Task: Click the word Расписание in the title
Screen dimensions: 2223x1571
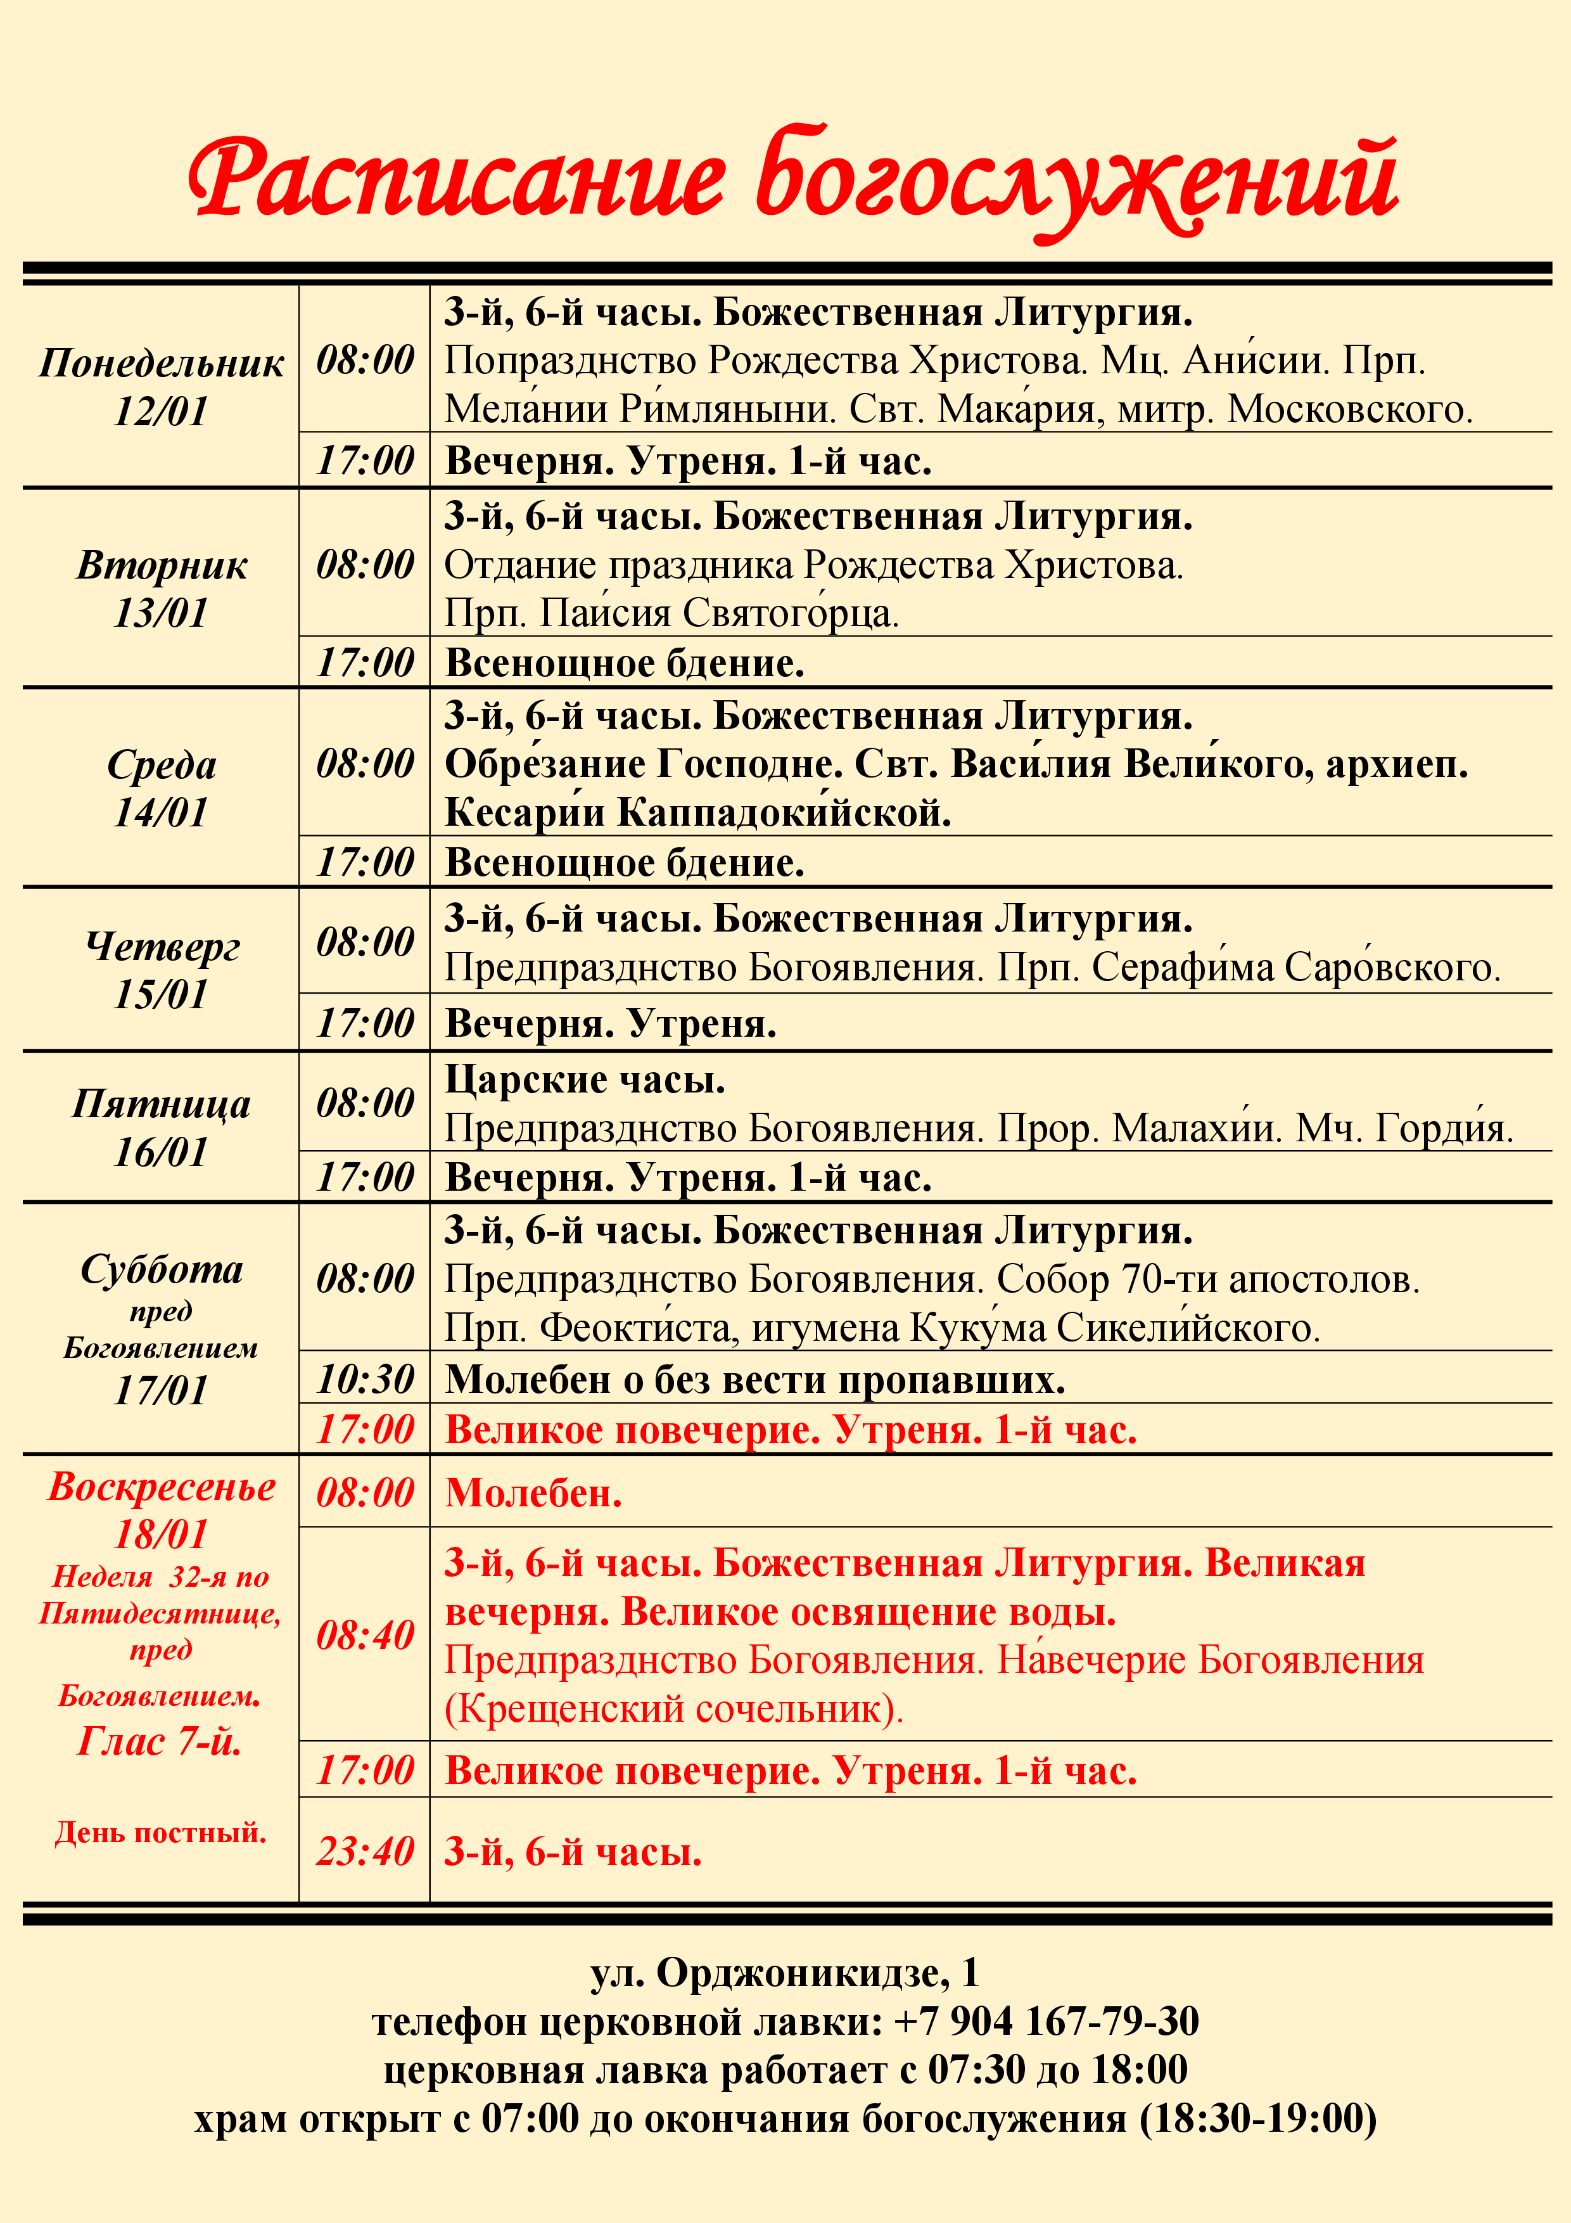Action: coord(455,180)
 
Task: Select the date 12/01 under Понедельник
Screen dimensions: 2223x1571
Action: coord(161,411)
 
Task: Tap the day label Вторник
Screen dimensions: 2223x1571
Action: coord(162,565)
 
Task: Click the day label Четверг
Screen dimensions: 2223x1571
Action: coord(162,946)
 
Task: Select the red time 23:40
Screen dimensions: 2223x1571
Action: coord(365,1850)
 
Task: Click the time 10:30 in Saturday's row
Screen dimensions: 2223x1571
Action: coord(365,1379)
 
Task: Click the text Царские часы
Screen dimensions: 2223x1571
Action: coord(585,1079)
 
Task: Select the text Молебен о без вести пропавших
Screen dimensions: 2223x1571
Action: coord(755,1379)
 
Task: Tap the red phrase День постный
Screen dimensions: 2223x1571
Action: coord(161,1832)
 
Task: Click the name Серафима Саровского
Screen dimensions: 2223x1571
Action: coord(1296,967)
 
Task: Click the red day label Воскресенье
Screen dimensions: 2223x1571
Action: coord(162,1486)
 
